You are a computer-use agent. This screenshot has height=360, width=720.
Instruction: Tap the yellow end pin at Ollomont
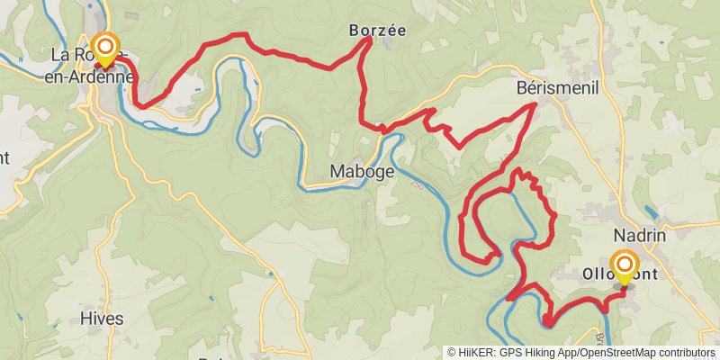click(x=623, y=266)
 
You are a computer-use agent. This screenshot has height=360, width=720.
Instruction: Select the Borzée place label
click(x=377, y=30)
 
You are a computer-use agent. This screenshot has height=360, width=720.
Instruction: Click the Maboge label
click(x=362, y=171)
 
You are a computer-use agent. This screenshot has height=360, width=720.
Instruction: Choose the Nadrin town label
click(x=638, y=234)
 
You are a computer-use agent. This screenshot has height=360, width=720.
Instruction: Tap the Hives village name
click(x=101, y=318)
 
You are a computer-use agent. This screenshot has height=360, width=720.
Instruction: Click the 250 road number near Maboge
click(x=417, y=184)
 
